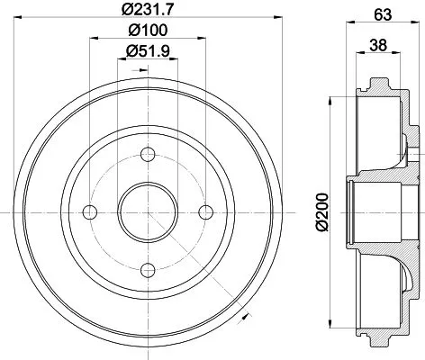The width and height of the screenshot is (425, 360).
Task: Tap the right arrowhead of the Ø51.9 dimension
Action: pos(175,58)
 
